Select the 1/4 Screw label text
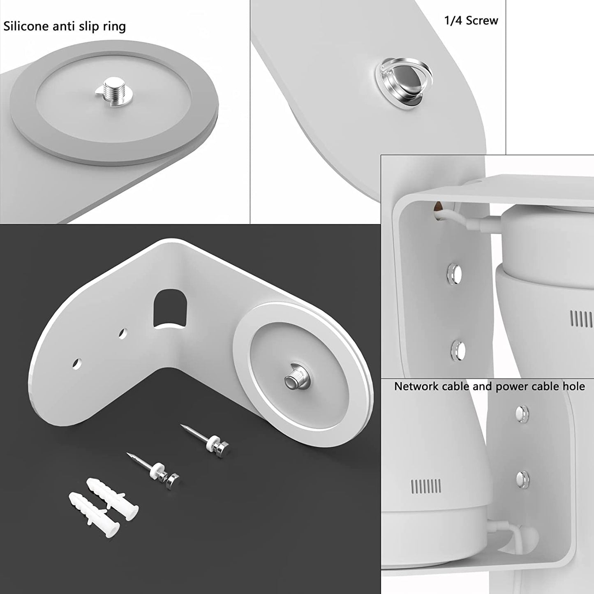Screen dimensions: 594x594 pyautogui.click(x=471, y=21)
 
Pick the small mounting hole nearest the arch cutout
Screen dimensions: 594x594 pyautogui.click(x=122, y=333)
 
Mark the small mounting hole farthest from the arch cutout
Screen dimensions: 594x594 pyautogui.click(x=76, y=363)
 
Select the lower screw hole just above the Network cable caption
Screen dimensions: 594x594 pyautogui.click(x=458, y=350)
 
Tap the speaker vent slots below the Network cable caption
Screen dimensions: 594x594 pyautogui.click(x=426, y=486)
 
